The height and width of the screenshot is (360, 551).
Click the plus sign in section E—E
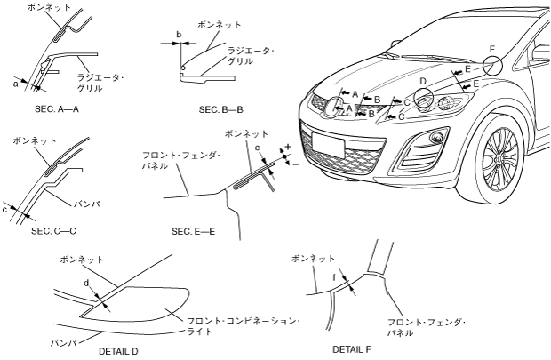(288, 145)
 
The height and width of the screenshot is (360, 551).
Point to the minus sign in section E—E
(294, 163)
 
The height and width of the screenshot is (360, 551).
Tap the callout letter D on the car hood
(424, 82)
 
